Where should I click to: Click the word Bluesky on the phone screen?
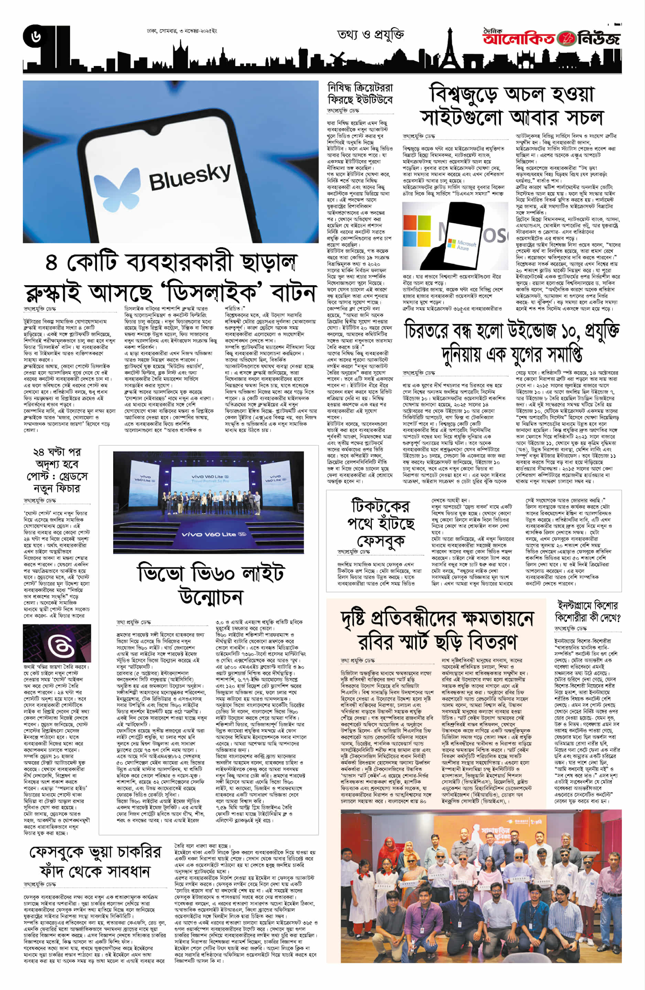point(189,176)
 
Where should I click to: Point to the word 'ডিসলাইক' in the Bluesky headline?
point(218,293)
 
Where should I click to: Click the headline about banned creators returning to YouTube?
point(360,94)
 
